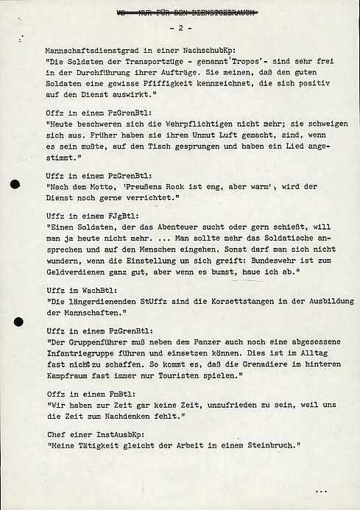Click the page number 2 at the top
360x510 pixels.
pyautogui.click(x=181, y=27)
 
